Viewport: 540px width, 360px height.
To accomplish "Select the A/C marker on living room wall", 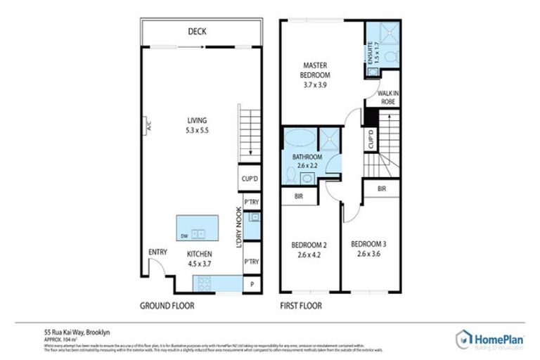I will click(149, 127).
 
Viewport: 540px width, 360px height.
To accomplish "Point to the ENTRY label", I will click(157, 252).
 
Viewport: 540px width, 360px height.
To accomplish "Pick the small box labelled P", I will click(251, 284).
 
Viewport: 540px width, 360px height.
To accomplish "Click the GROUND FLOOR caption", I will click(167, 306).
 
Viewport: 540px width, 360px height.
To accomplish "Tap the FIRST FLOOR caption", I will click(301, 306).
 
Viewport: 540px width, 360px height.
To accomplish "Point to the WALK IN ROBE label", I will click(387, 97).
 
